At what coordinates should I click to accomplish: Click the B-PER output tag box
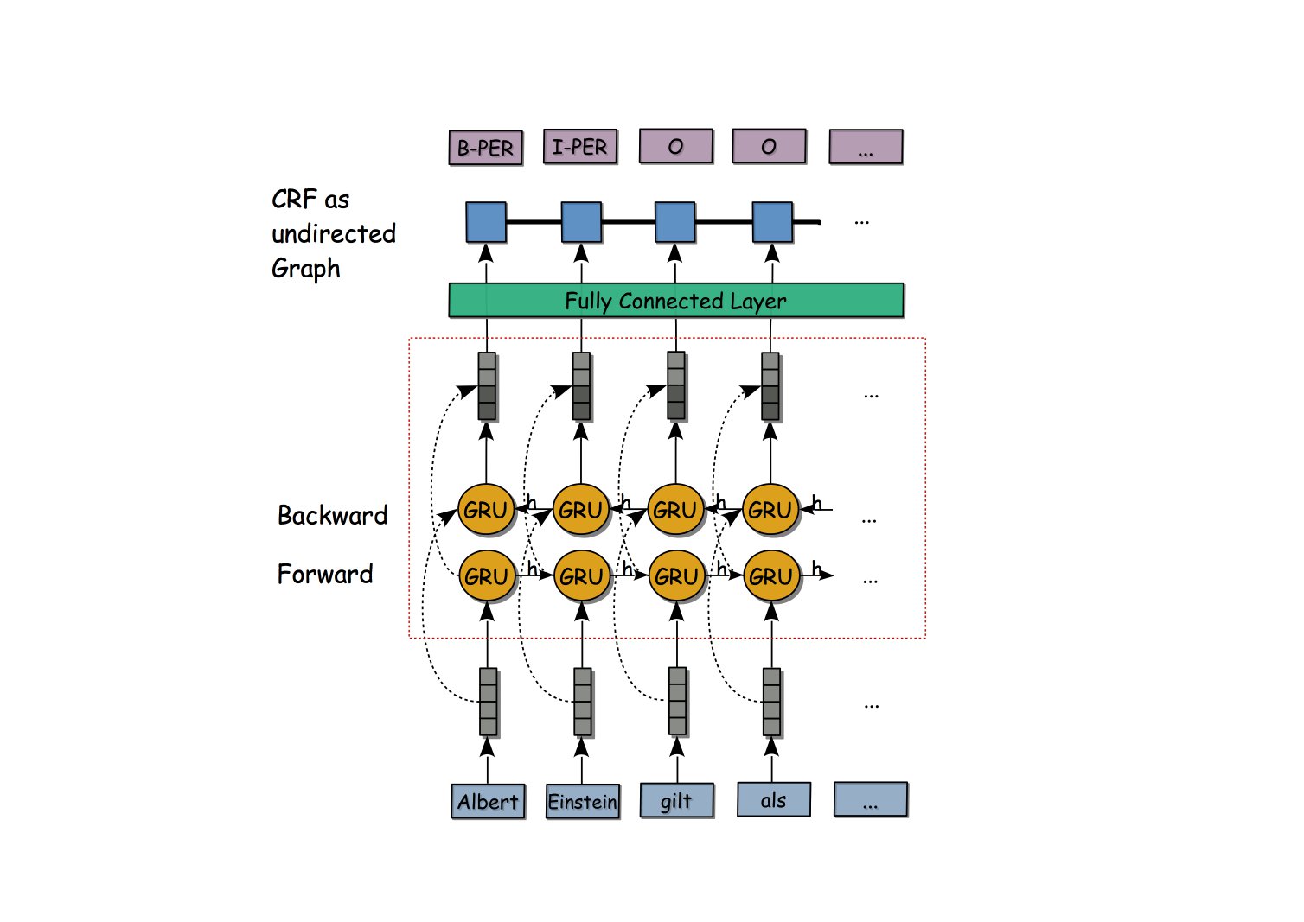(485, 148)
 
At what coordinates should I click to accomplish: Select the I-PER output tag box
(579, 147)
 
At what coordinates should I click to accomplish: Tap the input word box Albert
(488, 801)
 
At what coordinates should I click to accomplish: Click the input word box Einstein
(583, 801)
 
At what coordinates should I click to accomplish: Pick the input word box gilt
(676, 800)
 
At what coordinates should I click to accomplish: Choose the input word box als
(773, 799)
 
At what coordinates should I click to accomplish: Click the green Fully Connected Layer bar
(675, 301)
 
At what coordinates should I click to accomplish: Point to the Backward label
(332, 515)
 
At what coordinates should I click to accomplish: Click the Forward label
(325, 574)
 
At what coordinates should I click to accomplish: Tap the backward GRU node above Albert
(486, 510)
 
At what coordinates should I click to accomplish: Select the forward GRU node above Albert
(486, 576)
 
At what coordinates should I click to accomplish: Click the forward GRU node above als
(770, 576)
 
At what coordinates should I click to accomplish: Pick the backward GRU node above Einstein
(580, 510)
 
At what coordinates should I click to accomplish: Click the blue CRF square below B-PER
(485, 222)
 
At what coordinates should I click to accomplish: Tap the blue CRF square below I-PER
(581, 222)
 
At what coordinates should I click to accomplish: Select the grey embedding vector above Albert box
(488, 701)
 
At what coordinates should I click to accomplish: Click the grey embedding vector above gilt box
(677, 701)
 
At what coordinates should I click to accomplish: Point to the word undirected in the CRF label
(334, 233)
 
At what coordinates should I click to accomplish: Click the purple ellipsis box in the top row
(866, 147)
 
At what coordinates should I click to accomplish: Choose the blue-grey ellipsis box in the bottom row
(870, 799)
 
